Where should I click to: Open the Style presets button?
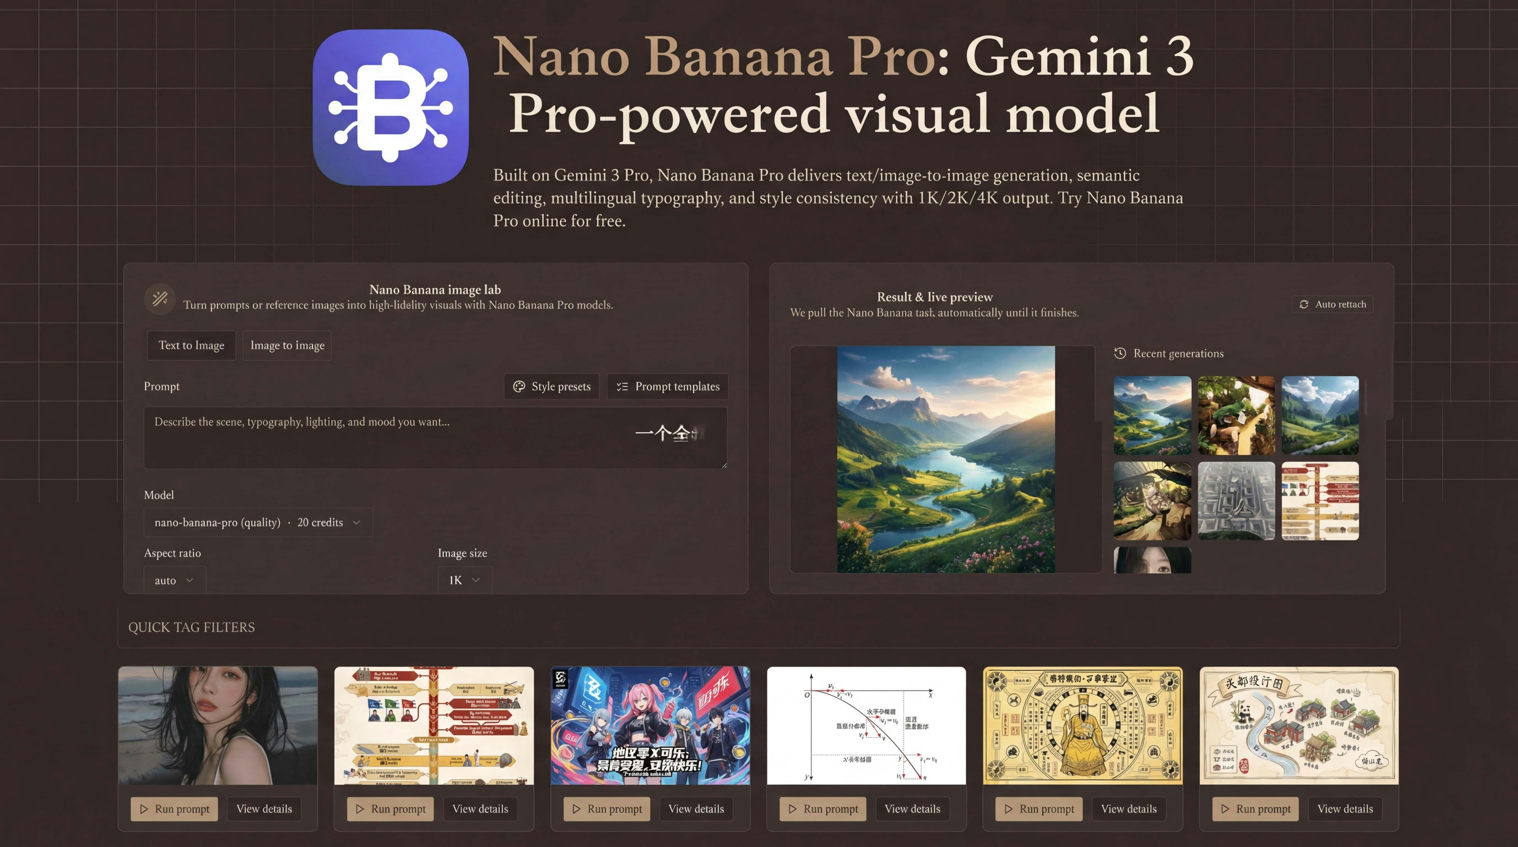(x=552, y=386)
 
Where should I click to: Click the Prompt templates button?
(x=668, y=386)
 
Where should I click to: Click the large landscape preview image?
(x=946, y=459)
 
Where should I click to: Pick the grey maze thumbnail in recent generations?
(x=1236, y=501)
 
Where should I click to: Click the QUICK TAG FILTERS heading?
(x=191, y=627)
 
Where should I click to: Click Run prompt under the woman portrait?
(x=174, y=809)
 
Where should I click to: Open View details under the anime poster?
(x=696, y=809)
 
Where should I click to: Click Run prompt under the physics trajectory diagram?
(x=823, y=809)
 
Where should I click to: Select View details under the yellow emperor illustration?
(x=1129, y=809)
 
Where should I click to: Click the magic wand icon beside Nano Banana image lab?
(x=160, y=299)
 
